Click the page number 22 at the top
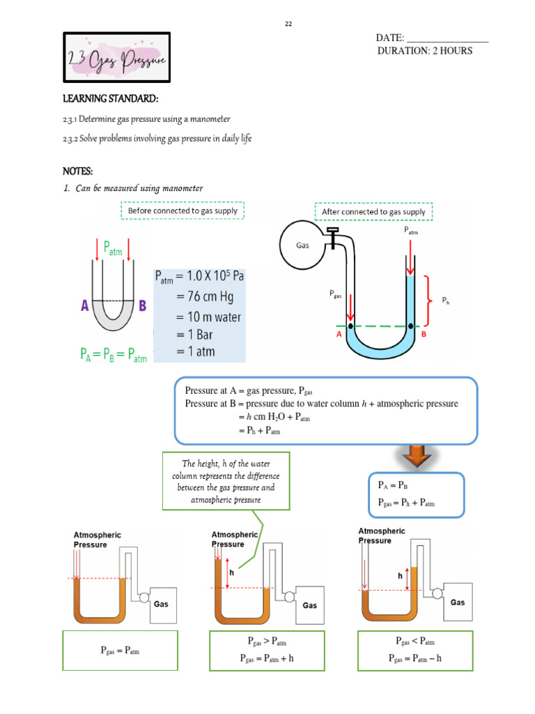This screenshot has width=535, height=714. [288, 24]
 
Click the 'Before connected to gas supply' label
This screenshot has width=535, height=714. [183, 211]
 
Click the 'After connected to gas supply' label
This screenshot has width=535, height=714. [373, 211]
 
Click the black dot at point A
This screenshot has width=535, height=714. [350, 326]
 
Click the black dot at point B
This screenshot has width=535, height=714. [411, 326]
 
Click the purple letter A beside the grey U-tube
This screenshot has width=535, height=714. [84, 304]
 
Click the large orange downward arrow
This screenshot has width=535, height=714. [416, 457]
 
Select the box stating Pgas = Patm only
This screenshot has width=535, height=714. [120, 651]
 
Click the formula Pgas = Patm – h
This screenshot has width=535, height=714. [415, 658]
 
